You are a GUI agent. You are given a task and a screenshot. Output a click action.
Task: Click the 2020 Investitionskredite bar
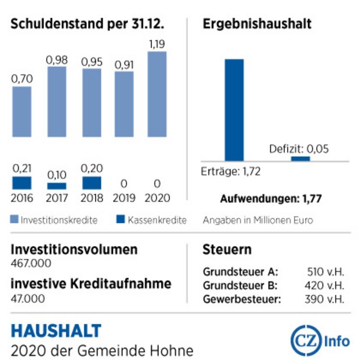pos(157,94)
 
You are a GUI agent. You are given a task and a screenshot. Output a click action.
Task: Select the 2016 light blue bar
pos(22,112)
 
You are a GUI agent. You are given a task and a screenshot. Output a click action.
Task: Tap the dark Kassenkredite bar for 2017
pos(56,186)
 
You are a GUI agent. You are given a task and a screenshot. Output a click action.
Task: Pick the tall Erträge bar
pos(234,110)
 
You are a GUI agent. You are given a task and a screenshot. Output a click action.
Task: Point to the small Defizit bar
pos(300,159)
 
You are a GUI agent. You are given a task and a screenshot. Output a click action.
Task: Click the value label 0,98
pos(56,60)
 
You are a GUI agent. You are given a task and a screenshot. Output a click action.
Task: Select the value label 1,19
pos(157,44)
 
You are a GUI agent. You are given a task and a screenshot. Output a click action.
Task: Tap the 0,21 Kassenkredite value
pos(22,169)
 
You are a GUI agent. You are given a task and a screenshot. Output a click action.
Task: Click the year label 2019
pos(124,198)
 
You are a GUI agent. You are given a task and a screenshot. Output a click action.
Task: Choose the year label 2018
pos(91,198)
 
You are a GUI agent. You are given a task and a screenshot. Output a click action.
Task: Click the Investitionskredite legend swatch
pos(15,219)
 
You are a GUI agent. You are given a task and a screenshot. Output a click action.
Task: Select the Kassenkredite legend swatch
pos(121,219)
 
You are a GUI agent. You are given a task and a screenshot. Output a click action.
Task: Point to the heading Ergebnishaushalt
pos(257,24)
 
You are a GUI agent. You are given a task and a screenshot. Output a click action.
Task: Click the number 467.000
pos(31,263)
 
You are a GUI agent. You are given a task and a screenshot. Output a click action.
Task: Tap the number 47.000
pos(27,298)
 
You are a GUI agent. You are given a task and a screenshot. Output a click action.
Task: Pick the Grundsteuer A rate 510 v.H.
pos(325,272)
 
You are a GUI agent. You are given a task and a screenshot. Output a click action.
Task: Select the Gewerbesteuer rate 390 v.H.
pos(324,300)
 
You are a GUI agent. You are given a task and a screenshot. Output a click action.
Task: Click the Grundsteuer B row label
pos(240,286)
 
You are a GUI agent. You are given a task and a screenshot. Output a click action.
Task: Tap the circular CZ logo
pos(306,341)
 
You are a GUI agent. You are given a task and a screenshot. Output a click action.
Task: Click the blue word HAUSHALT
pos(56,331)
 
